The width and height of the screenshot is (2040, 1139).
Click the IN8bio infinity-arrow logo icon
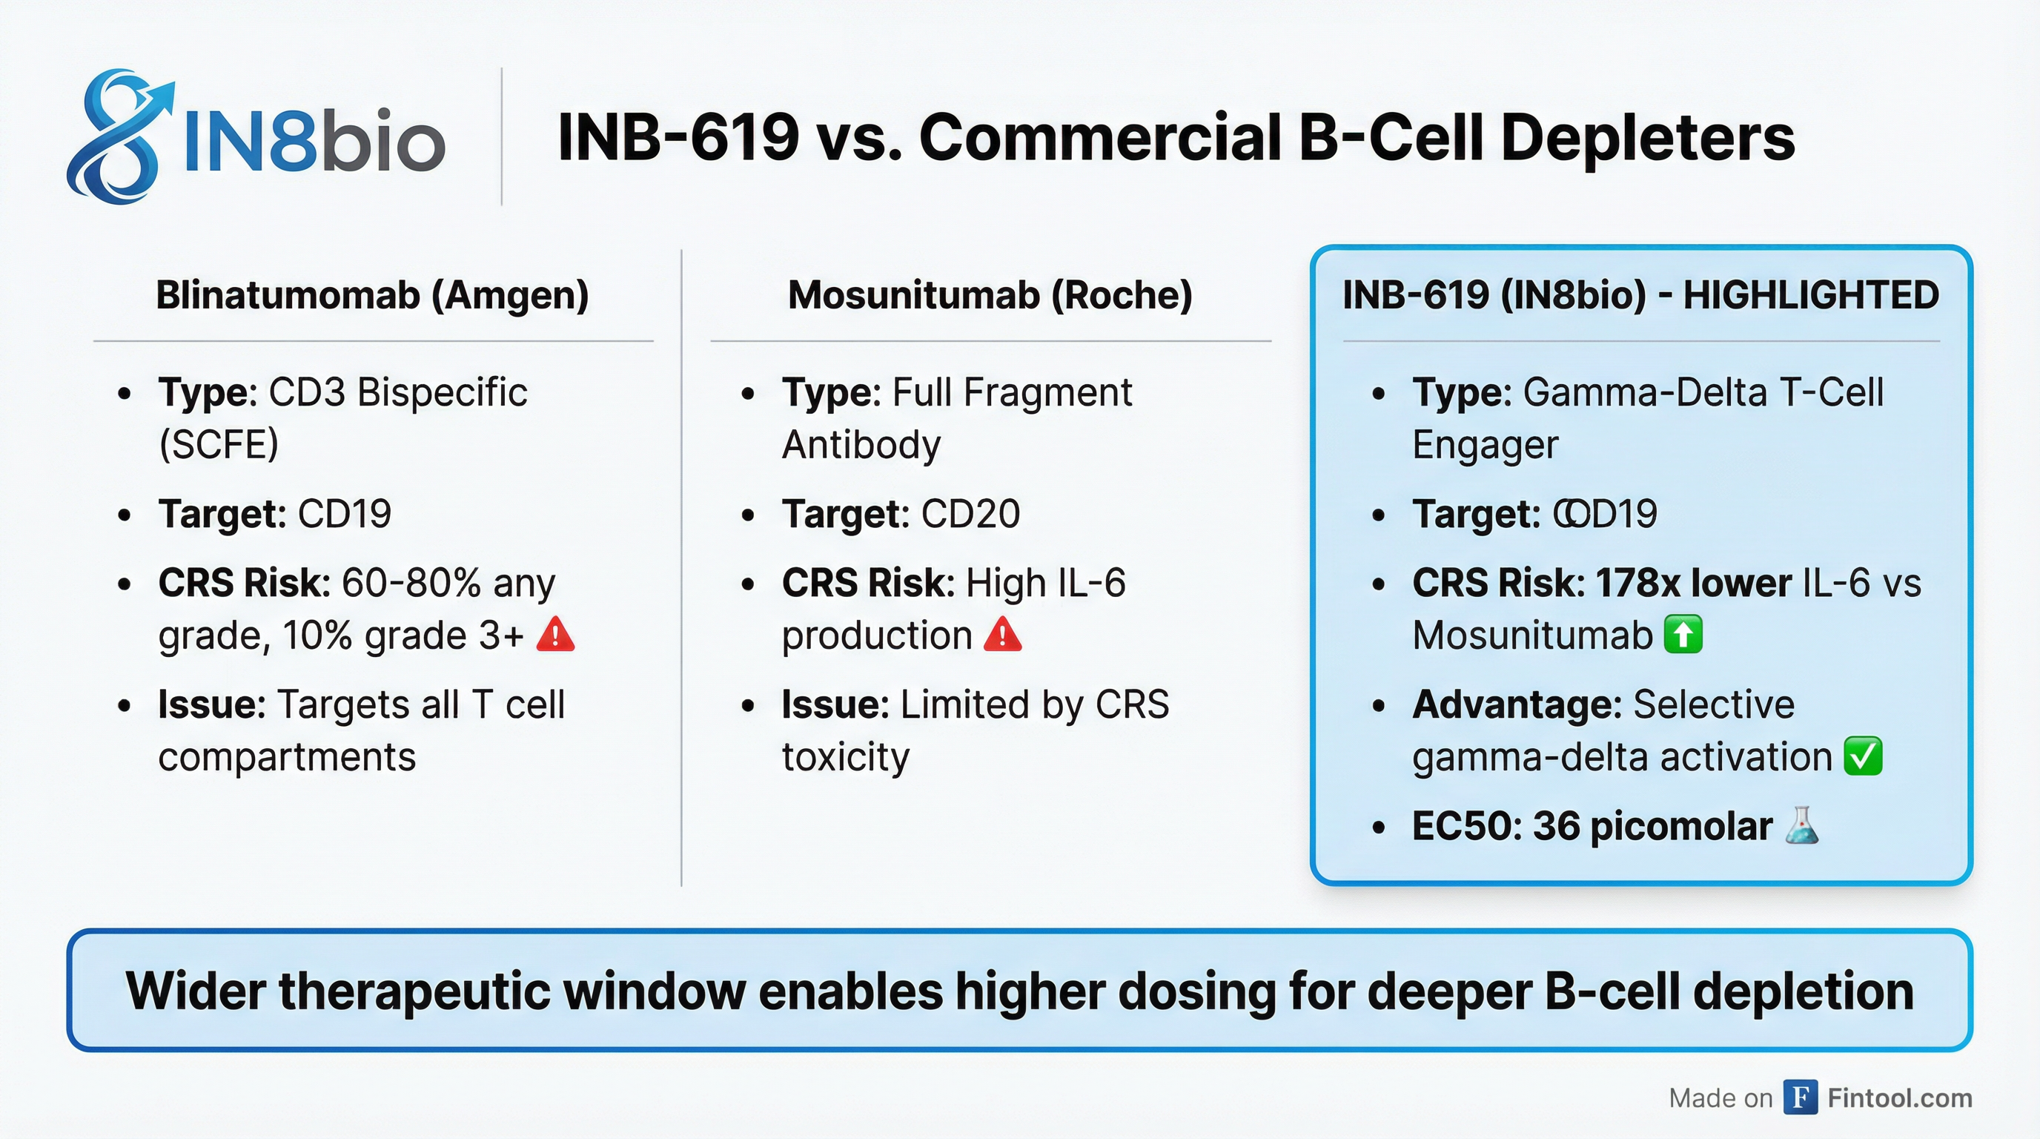(119, 136)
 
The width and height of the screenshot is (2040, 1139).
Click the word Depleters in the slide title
(1647, 138)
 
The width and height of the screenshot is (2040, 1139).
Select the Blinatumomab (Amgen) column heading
(372, 295)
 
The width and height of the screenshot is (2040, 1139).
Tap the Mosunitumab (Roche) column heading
(990, 295)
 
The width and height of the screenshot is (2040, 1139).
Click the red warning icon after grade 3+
(555, 635)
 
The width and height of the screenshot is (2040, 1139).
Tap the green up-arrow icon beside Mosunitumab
(1683, 635)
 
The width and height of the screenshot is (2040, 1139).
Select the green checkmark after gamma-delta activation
(1863, 756)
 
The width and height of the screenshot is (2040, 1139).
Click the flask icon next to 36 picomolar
(1801, 825)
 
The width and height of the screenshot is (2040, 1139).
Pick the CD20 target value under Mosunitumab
(970, 514)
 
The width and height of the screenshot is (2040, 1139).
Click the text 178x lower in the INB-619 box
(1693, 583)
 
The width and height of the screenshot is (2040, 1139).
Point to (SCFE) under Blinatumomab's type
(219, 444)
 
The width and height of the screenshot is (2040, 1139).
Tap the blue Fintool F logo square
(1800, 1097)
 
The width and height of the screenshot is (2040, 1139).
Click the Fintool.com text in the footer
(1899, 1097)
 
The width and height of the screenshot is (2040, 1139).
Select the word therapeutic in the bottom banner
(414, 991)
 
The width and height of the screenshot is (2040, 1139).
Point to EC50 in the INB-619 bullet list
(1467, 826)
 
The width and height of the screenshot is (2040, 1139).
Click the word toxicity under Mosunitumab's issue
(846, 756)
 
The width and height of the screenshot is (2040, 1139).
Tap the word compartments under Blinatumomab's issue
(287, 756)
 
